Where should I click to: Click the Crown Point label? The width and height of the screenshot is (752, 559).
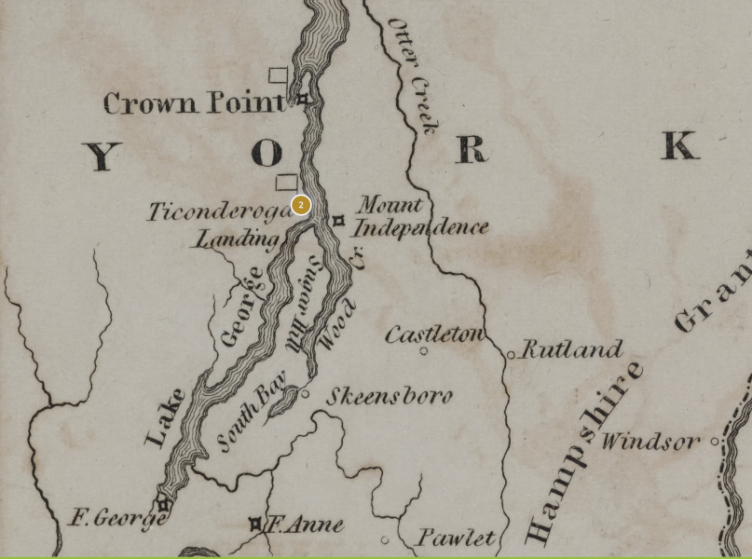click(194, 102)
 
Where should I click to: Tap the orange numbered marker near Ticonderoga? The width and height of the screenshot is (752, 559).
click(300, 205)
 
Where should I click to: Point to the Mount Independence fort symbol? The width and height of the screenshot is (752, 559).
click(339, 221)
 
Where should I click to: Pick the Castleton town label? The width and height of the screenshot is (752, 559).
click(434, 334)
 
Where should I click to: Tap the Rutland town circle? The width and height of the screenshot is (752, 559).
click(511, 355)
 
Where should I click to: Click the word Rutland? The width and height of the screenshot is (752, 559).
click(572, 350)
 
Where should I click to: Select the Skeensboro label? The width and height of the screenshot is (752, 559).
click(389, 396)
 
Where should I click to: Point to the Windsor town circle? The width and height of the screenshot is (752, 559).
click(716, 442)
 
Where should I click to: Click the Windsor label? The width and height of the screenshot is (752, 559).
click(650, 440)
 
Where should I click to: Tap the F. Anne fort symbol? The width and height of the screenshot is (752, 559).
click(255, 525)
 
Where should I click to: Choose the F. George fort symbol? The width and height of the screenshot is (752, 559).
click(164, 505)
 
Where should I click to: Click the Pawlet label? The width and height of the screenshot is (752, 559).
click(456, 538)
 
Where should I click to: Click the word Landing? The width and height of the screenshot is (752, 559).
click(237, 239)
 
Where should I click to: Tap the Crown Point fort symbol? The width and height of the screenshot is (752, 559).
click(302, 99)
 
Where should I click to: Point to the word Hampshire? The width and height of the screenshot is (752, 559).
click(585, 452)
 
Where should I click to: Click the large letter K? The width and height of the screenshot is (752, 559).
click(679, 146)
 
